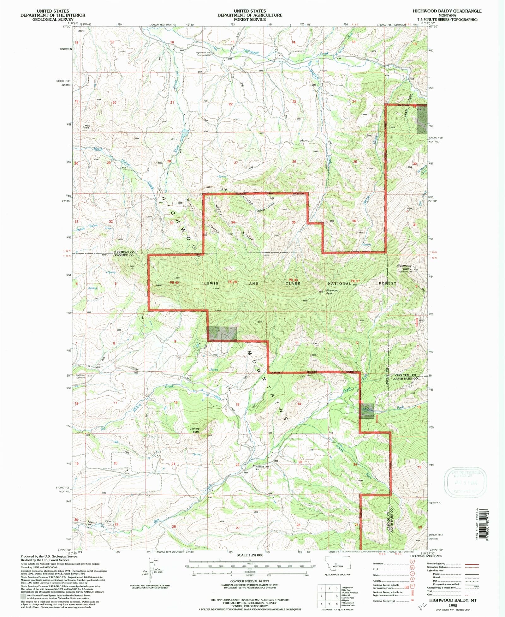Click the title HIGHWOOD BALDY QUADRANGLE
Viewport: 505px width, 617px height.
point(447,11)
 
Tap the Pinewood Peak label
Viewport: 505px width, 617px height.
point(332,292)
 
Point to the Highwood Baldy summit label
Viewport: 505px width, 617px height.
point(404,267)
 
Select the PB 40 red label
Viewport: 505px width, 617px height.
point(174,282)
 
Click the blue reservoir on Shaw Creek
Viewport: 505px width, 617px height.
point(185,133)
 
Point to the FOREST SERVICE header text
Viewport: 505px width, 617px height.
point(250,19)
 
